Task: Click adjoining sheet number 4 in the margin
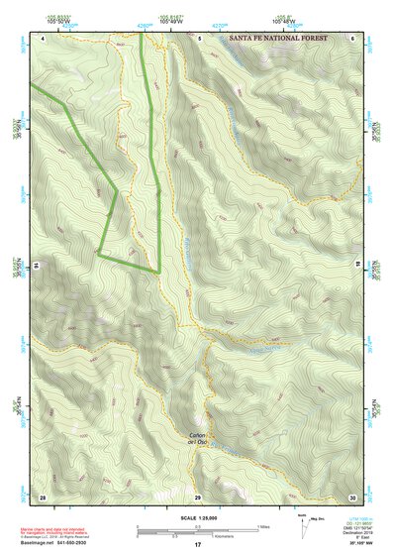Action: point(44,37)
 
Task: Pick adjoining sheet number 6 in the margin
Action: point(352,37)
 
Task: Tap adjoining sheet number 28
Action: point(43,496)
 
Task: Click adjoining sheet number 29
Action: point(198,496)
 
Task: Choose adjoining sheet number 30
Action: point(351,496)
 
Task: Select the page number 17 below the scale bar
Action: point(198,545)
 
